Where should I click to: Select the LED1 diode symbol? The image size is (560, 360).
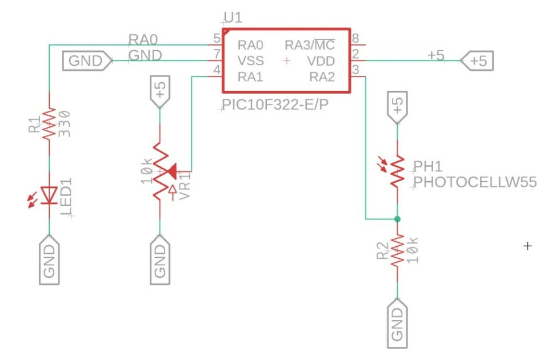point(49,195)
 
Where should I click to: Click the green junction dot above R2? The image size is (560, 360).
point(397,219)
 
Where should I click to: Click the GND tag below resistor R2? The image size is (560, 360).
point(397,326)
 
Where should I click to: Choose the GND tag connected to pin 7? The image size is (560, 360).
point(86,61)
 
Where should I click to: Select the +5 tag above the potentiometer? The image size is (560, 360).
point(161,91)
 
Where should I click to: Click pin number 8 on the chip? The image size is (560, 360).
point(355,39)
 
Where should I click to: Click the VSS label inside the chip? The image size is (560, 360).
point(251,61)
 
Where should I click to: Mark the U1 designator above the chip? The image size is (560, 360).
point(233,18)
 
